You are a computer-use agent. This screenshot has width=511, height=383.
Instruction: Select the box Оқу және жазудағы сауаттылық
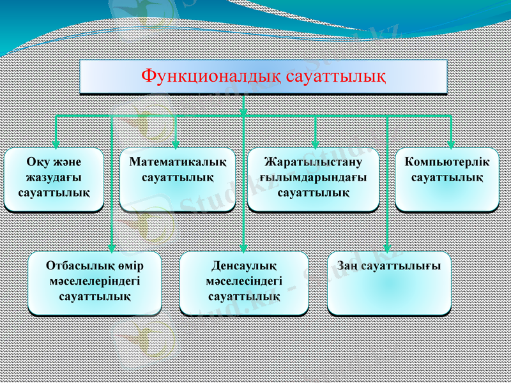[54, 180]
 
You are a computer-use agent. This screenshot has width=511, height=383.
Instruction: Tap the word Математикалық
[178, 162]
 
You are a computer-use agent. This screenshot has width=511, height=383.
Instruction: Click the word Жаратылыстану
[313, 162]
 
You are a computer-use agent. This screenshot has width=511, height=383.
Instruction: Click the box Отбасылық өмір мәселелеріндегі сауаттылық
[95, 283]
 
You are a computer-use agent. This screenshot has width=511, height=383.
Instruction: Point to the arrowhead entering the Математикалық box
[176, 145]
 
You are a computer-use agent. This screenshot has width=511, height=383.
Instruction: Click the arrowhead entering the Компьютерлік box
[451, 145]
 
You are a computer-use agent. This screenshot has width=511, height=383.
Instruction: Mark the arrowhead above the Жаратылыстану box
[315, 145]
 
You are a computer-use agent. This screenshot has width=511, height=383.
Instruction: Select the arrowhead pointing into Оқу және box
[56, 145]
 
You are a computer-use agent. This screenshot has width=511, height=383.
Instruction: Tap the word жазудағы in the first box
[54, 177]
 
